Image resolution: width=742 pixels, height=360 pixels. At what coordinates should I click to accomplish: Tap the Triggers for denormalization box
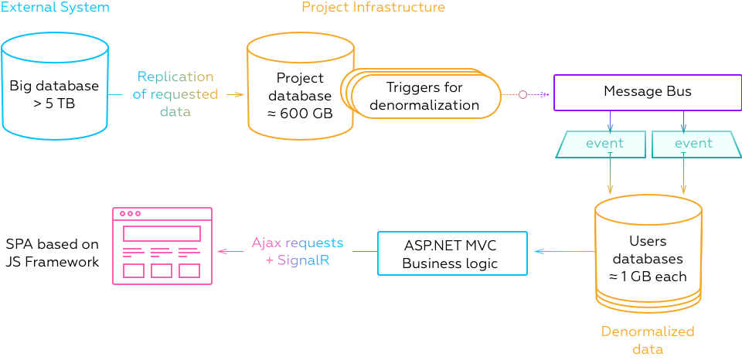point(422,96)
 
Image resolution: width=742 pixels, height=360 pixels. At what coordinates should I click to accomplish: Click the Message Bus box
point(647,92)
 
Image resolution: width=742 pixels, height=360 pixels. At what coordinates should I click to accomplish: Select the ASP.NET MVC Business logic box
point(451,253)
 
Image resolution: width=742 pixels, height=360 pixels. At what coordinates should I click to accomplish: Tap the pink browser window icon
point(162,246)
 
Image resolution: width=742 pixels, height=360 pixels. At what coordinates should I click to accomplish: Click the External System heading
point(55,8)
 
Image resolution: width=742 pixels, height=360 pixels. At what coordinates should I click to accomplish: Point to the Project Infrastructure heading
point(373,8)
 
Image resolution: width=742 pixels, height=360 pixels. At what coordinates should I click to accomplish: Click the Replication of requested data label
point(175,94)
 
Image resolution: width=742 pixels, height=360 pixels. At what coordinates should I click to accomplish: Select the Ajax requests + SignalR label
point(298,252)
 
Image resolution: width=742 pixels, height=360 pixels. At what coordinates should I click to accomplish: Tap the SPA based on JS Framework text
point(53,253)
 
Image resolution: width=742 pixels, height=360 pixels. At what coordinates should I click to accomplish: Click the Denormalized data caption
point(648,340)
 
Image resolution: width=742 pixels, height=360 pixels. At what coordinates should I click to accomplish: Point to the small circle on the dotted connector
point(522,95)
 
